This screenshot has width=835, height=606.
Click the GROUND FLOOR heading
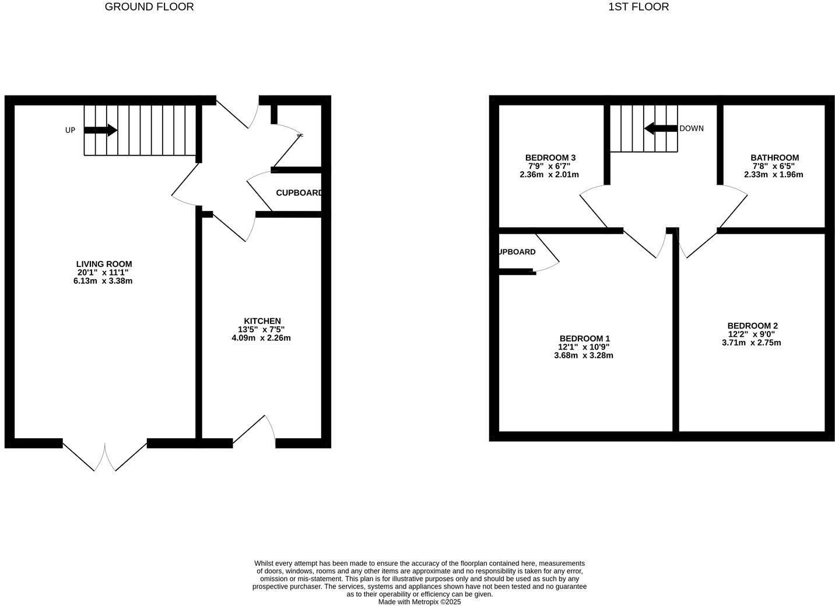[x=149, y=7]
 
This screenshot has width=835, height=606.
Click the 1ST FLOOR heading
[x=638, y=7]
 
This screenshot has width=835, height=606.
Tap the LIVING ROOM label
[x=104, y=264]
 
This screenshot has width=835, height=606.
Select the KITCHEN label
[x=262, y=321]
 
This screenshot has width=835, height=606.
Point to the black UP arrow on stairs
[x=101, y=130]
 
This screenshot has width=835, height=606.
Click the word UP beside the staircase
[x=70, y=131]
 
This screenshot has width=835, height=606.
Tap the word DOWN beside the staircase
[x=692, y=128]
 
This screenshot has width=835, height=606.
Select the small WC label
[x=300, y=135]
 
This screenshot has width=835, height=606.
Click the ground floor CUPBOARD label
[x=299, y=193]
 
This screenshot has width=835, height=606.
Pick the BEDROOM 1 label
[x=584, y=339]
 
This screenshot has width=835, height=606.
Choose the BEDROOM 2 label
[x=752, y=326]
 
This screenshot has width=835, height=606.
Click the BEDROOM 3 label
[x=550, y=157]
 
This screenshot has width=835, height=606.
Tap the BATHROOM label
[x=774, y=157]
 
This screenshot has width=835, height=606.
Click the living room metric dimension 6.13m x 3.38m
[x=104, y=281]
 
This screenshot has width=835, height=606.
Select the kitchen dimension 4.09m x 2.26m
[x=261, y=338]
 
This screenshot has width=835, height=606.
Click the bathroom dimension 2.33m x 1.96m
[x=773, y=174]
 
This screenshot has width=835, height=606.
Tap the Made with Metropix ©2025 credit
[x=419, y=602]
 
